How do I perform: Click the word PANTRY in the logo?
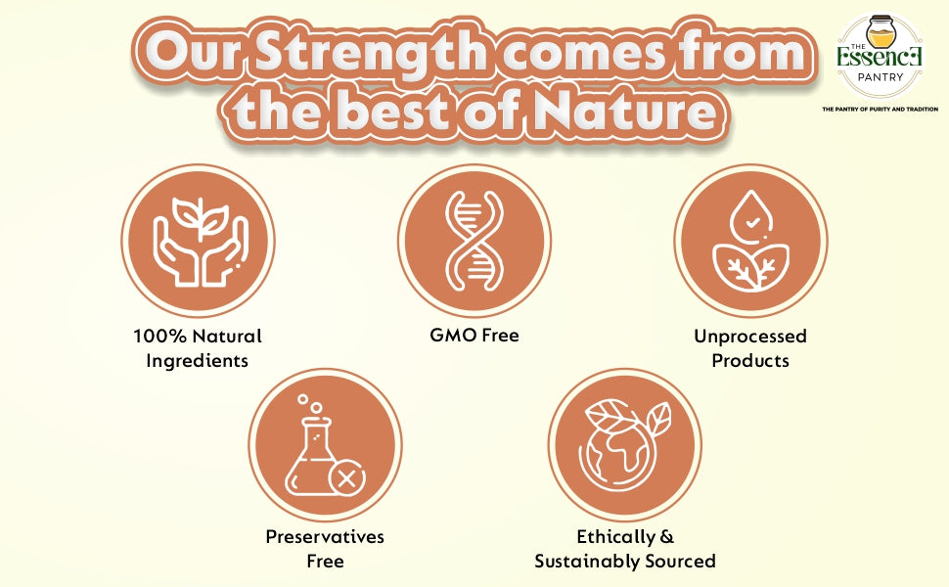pos(881,77)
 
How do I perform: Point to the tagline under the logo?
pos(880,110)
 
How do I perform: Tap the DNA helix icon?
pos(474,241)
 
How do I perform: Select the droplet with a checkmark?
pos(750,217)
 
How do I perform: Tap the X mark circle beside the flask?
pos(346,479)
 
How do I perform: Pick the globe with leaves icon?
pos(624,445)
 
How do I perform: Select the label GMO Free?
pos(474,336)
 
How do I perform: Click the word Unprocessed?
pos(750,337)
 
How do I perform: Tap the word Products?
pos(750,361)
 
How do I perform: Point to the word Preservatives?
pos(325,537)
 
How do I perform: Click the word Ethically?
pos(615,537)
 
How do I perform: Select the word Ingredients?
pos(198,362)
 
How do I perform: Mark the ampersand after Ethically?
pos(666,537)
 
